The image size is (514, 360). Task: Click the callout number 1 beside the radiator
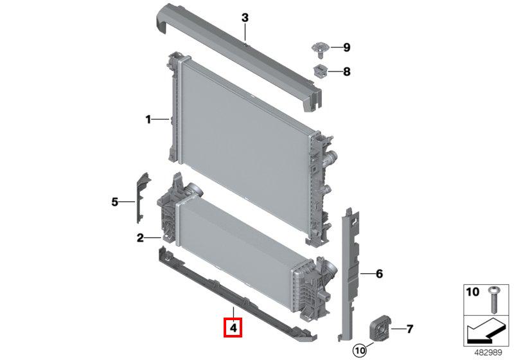(x=148, y=120)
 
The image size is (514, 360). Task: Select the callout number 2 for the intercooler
(x=140, y=238)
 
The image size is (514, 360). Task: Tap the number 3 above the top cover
(x=245, y=18)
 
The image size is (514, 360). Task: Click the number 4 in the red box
(x=233, y=328)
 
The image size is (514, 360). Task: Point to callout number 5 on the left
(x=114, y=202)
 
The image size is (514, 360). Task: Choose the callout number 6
(x=379, y=273)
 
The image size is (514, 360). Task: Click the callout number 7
(x=410, y=329)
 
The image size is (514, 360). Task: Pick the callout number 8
(x=346, y=71)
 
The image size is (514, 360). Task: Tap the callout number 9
(x=346, y=48)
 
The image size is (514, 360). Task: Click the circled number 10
(x=360, y=350)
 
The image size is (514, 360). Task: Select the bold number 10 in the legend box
(x=472, y=292)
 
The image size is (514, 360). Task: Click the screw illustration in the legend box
(x=493, y=300)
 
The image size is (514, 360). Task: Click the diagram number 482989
(x=488, y=352)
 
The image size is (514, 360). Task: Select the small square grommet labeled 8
(x=321, y=71)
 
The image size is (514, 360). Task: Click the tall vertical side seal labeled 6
(x=350, y=274)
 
